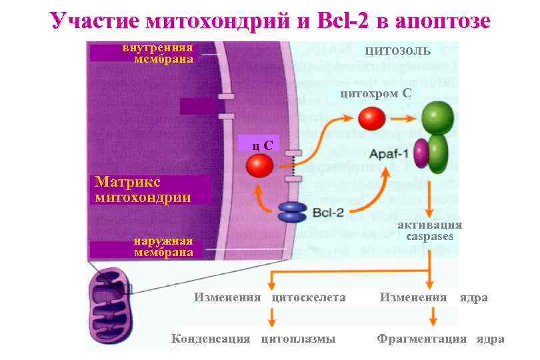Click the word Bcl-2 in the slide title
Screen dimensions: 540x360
pos(342,21)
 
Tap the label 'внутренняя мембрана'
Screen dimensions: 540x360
pos(158,53)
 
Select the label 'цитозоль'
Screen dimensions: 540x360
pos(397,51)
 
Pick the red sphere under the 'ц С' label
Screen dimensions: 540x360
pos(259,165)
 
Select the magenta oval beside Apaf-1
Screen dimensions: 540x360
pos(421,153)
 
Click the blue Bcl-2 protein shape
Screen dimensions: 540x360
pos(291,212)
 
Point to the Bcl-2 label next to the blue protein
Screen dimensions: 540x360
pos(329,213)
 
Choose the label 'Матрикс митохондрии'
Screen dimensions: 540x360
pos(143,189)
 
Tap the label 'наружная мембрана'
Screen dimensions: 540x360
pos(163,246)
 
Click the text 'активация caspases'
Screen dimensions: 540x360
pos(429,231)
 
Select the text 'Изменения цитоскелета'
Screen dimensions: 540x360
pos(269,297)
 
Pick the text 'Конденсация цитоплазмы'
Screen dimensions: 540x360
pos(253,339)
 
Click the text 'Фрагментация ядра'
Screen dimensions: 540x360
pos(440,339)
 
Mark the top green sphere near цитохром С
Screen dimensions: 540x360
pos(437,117)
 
